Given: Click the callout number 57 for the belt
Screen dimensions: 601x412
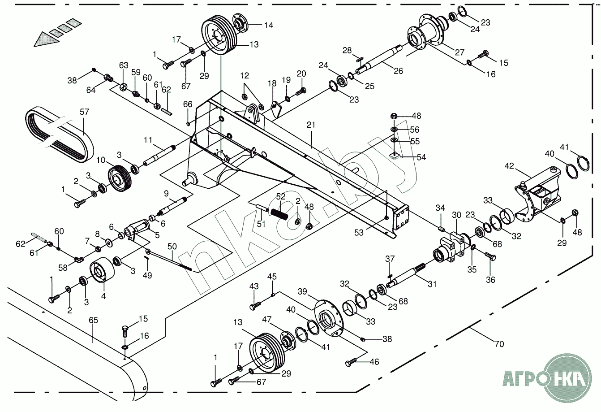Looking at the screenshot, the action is point(84,112).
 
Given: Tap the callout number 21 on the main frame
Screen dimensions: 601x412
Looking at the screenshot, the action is point(311,125).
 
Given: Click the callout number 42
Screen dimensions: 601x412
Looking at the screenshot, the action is point(509,166).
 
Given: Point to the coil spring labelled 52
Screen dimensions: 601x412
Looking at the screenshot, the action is point(279,215).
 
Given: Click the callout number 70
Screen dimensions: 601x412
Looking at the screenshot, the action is point(499,344).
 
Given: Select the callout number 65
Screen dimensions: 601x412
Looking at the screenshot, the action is point(93,320).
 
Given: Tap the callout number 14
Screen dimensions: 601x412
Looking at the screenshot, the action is point(269,25).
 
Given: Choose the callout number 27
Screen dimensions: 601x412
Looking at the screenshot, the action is point(459,52).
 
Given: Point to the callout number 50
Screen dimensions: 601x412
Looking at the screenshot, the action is point(172,247).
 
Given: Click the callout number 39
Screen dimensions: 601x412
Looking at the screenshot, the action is point(302,292).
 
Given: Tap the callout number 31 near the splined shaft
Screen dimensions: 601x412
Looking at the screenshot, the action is point(432,284).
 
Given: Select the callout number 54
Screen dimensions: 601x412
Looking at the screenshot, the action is point(421,157).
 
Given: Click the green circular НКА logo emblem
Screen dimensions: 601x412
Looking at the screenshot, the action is point(569,377).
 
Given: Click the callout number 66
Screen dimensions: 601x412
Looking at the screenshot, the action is point(188,104).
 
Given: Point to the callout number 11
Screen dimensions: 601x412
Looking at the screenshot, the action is point(148,140).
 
